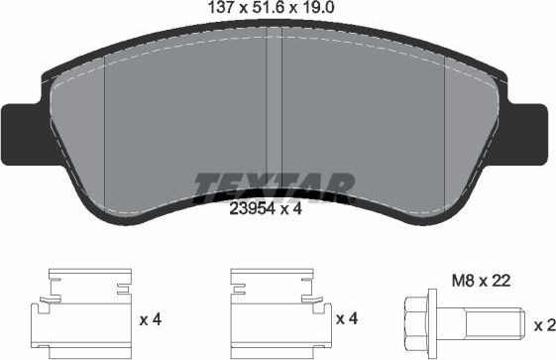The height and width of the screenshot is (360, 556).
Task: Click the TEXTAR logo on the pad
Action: [x=274, y=184]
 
